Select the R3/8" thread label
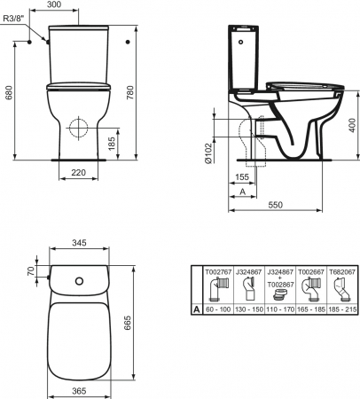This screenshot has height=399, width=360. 15,29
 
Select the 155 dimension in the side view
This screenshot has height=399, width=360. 242,178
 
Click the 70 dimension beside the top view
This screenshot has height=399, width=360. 29,272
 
